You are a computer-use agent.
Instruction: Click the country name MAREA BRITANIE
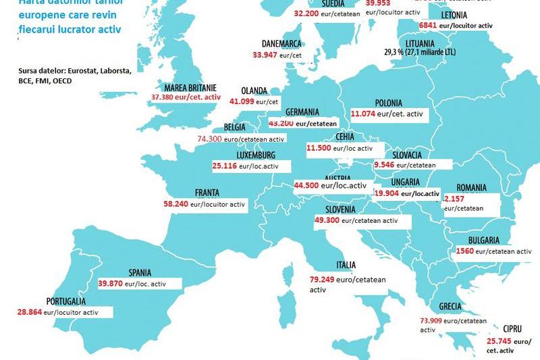pyautogui.click(x=190, y=88)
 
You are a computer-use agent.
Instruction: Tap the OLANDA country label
pyautogui.click(x=254, y=91)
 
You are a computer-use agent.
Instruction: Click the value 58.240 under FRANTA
pyautogui.click(x=175, y=203)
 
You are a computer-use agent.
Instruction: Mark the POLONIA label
pyautogui.click(x=370, y=104)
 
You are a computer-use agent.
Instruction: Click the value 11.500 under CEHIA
pyautogui.click(x=319, y=148)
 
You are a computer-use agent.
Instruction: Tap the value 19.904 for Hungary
pyautogui.click(x=387, y=193)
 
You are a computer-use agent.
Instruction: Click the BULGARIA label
pyautogui.click(x=483, y=240)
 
